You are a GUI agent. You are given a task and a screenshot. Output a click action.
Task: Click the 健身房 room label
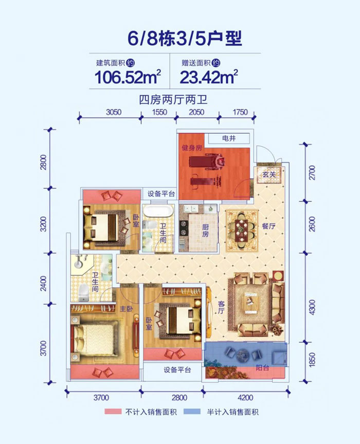click(x=190, y=148)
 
